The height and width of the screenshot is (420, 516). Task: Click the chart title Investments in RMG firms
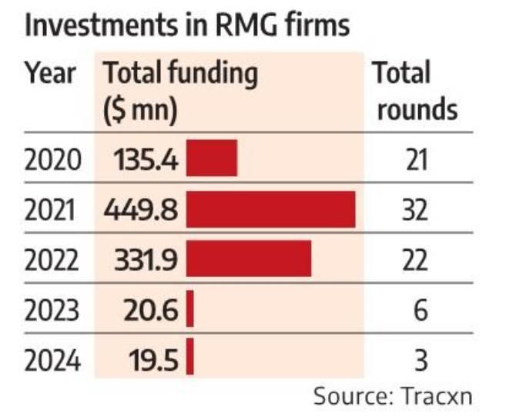188,25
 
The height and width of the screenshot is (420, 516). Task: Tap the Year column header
50,74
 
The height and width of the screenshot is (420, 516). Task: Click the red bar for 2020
212,159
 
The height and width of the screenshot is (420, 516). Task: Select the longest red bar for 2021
270,209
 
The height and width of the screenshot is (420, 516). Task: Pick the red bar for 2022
249,259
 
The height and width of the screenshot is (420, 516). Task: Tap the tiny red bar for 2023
190,310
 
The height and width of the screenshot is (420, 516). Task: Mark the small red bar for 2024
190,359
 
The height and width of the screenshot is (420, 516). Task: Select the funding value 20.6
153,311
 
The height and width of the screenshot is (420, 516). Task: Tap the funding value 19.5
155,360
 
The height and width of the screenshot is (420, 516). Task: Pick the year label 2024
52,360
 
